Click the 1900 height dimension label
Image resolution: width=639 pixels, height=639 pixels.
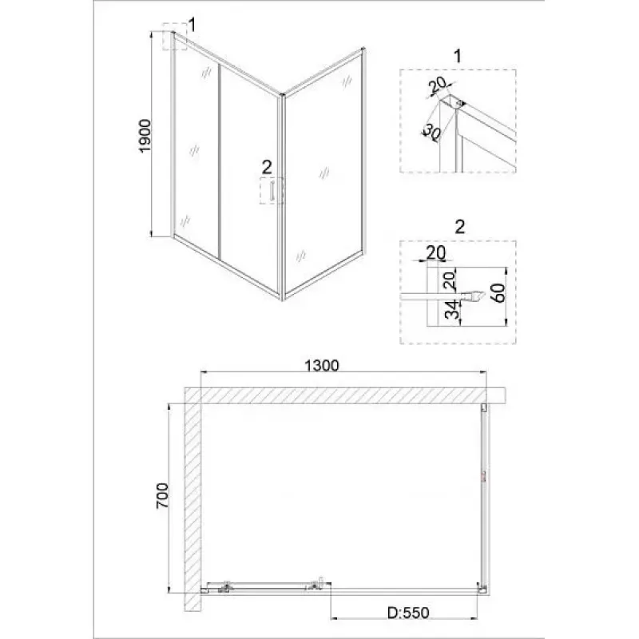145,136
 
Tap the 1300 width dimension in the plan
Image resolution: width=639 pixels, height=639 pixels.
322,366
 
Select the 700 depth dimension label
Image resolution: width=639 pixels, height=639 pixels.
162,495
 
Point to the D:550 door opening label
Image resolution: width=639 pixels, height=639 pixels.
408,613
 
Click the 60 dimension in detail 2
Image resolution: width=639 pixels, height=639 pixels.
498,292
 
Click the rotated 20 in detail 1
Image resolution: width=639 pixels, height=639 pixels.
438,85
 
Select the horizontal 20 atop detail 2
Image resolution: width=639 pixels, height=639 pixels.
436,253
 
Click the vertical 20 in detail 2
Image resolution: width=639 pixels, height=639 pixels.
449,280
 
